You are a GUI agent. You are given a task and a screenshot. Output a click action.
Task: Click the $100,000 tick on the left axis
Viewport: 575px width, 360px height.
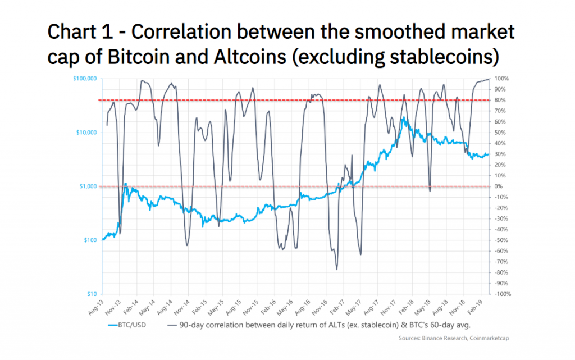[x=85, y=79]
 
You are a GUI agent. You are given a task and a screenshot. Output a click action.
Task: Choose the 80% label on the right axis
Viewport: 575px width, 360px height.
[x=499, y=101]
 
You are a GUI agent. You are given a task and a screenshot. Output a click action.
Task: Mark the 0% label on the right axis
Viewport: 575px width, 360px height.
[x=498, y=186]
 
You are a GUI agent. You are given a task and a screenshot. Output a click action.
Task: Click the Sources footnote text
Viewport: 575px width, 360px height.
[x=454, y=338]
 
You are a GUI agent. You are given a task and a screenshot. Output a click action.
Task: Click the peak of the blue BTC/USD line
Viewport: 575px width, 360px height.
[x=403, y=117]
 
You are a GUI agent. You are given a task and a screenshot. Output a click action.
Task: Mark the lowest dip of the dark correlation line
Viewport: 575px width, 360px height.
[x=337, y=269]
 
